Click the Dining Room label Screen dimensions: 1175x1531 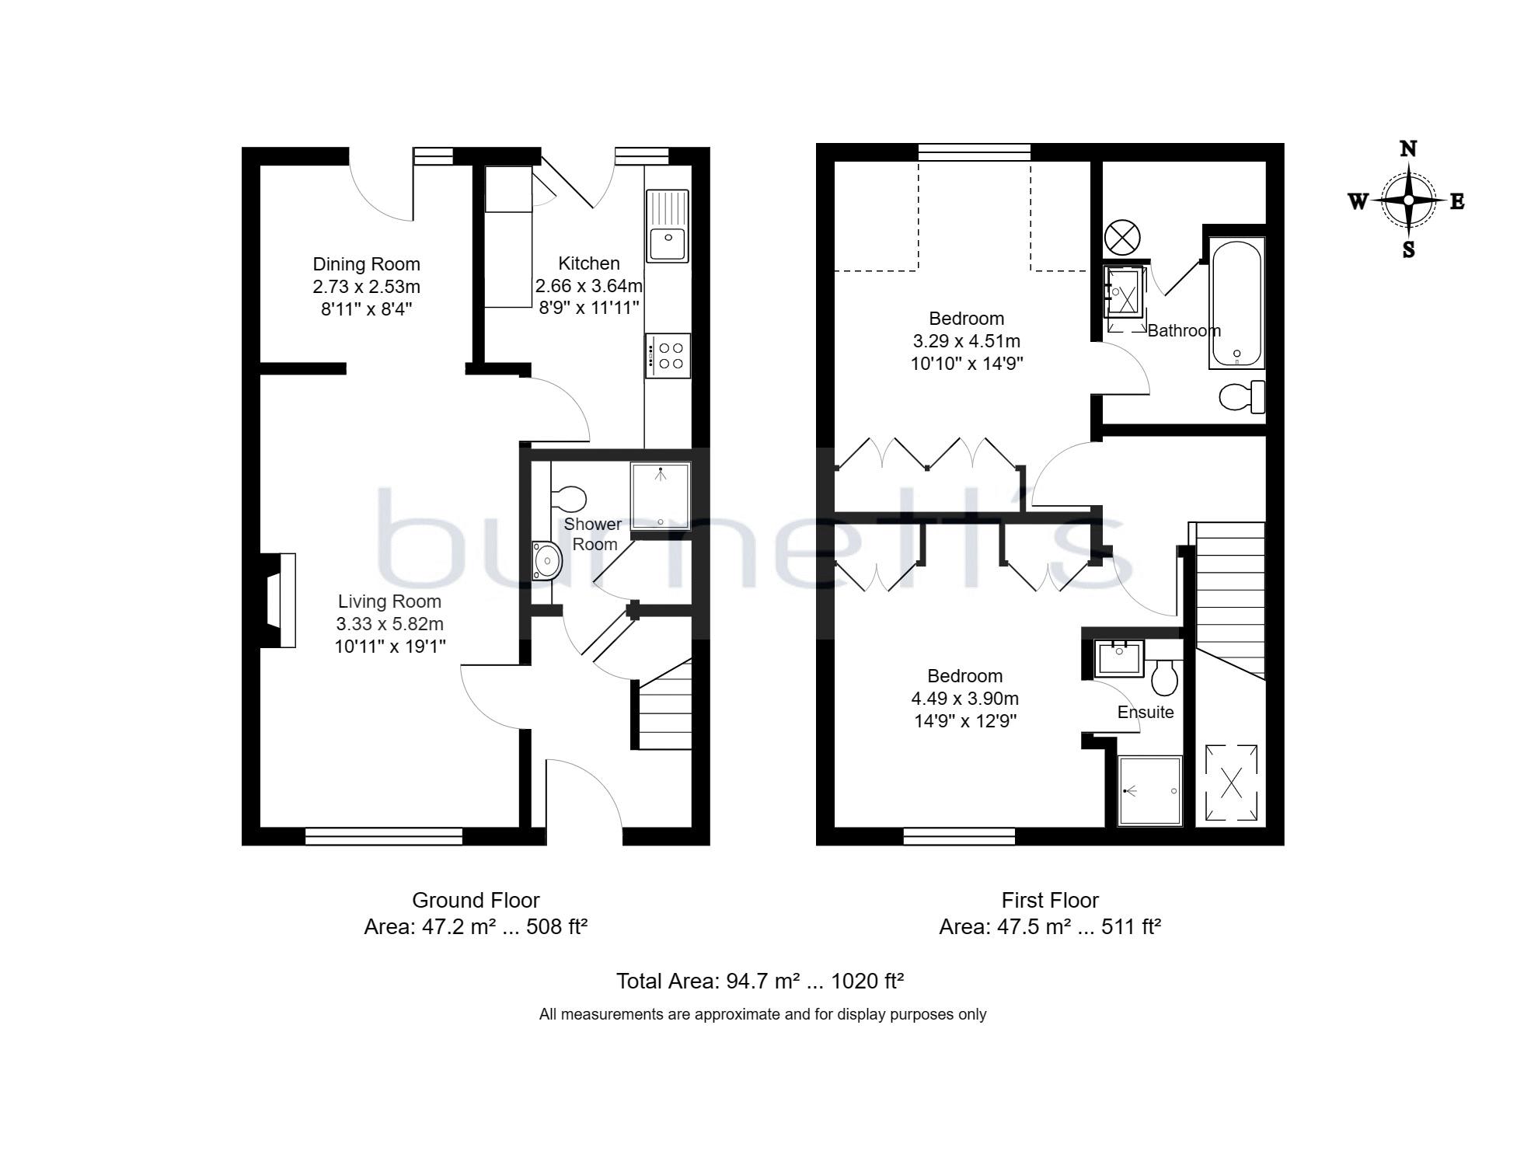[366, 264]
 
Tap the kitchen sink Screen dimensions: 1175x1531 [668, 226]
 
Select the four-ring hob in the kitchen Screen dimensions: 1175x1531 [668, 356]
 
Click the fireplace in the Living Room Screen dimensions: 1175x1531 [279, 600]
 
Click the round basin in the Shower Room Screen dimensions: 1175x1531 [547, 560]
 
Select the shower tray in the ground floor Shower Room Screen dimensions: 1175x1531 [660, 496]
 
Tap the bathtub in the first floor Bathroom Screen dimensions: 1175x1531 [1236, 303]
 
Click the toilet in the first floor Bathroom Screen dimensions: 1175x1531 [1242, 398]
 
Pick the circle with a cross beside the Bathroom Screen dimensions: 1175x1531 [1121, 236]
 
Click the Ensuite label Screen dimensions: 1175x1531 [1145, 713]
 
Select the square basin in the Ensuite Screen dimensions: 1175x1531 [1119, 657]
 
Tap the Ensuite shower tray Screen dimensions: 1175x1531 [1149, 790]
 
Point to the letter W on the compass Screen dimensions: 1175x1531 [1358, 202]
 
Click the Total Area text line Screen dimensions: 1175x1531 [759, 981]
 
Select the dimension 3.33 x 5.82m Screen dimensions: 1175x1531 [389, 624]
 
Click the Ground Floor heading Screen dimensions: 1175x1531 [475, 901]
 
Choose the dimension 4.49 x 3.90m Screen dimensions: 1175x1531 [964, 699]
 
